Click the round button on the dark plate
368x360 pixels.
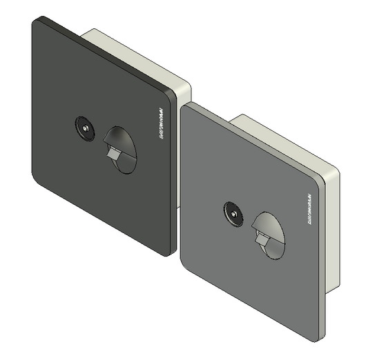[x=85, y=129]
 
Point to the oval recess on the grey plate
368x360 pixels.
[x=269, y=234]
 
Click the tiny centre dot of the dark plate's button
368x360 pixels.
[x=85, y=129]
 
